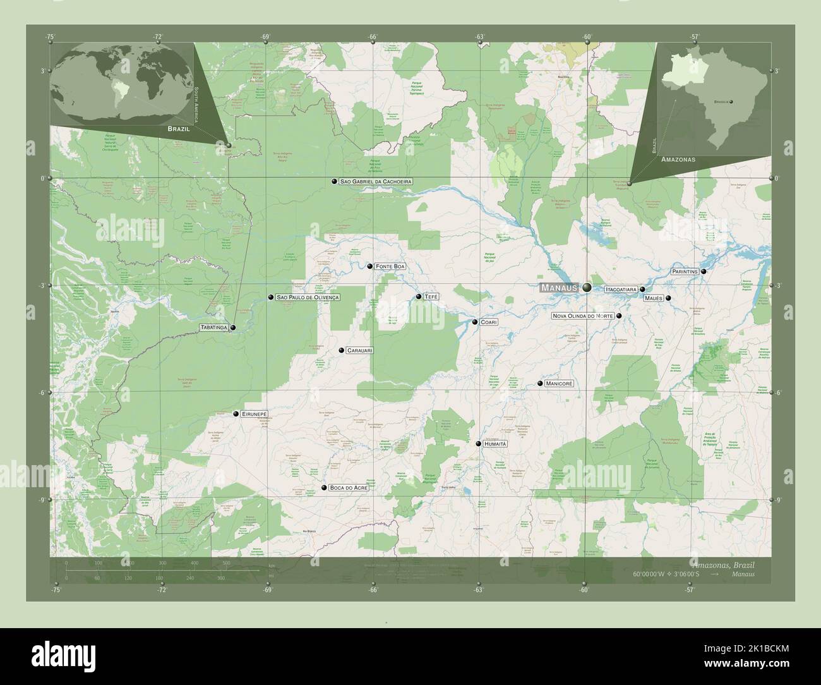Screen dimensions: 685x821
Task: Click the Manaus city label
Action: pyautogui.click(x=559, y=288)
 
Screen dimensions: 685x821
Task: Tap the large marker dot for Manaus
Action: pyautogui.click(x=587, y=288)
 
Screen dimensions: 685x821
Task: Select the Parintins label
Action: pyautogui.click(x=685, y=271)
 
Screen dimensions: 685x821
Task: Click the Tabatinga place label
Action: pyautogui.click(x=213, y=327)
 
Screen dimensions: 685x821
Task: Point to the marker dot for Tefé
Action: pyautogui.click(x=419, y=296)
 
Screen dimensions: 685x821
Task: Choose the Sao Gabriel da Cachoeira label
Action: pyautogui.click(x=375, y=181)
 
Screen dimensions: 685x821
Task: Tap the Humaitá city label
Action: pyautogui.click(x=496, y=444)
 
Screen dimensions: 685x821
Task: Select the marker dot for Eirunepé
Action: pyautogui.click(x=236, y=414)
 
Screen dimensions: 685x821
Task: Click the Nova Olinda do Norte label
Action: pyautogui.click(x=582, y=315)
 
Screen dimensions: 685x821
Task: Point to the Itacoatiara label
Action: pyautogui.click(x=620, y=289)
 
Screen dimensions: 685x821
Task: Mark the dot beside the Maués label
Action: pyautogui.click(x=668, y=298)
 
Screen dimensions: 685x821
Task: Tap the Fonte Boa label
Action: pyautogui.click(x=390, y=267)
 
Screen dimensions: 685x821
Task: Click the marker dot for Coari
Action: pyautogui.click(x=475, y=322)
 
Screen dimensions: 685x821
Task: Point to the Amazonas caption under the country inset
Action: pyautogui.click(x=678, y=160)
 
